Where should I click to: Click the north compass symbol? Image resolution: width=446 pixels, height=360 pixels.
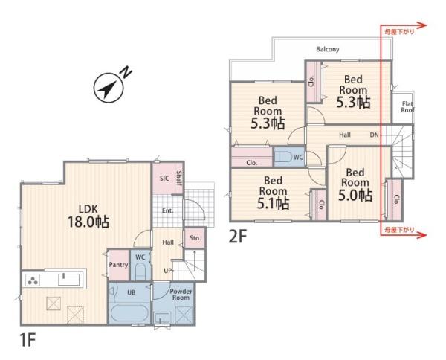point(109,88)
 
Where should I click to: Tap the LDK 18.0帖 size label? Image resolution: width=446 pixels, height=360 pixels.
point(88,222)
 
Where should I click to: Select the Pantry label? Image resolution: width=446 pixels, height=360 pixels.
point(118,265)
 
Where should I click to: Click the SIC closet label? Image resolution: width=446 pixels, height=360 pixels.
point(164,179)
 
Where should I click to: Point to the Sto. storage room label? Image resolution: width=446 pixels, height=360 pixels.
point(195,238)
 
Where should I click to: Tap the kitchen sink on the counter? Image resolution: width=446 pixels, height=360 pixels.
point(69,279)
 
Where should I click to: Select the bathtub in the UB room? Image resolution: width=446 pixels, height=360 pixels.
point(129,314)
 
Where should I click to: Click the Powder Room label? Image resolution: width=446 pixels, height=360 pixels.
point(181,295)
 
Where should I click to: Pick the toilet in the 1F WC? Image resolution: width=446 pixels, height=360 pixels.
point(140,271)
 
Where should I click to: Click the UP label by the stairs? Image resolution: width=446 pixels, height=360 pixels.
point(168,271)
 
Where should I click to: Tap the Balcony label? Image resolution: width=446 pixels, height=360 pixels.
point(328,49)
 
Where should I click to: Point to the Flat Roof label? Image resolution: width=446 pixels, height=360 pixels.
point(407,106)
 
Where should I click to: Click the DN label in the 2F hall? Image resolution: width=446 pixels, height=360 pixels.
point(375,135)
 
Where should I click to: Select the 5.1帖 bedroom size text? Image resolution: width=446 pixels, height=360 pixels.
point(274,203)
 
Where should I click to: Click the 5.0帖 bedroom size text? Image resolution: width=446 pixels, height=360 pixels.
point(355,195)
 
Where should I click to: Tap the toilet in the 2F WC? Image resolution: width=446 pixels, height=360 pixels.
point(285,156)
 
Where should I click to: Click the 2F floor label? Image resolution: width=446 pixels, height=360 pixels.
point(237,237)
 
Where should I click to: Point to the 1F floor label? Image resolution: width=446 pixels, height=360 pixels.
point(28,340)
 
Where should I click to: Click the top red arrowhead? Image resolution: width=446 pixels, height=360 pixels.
point(422,25)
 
